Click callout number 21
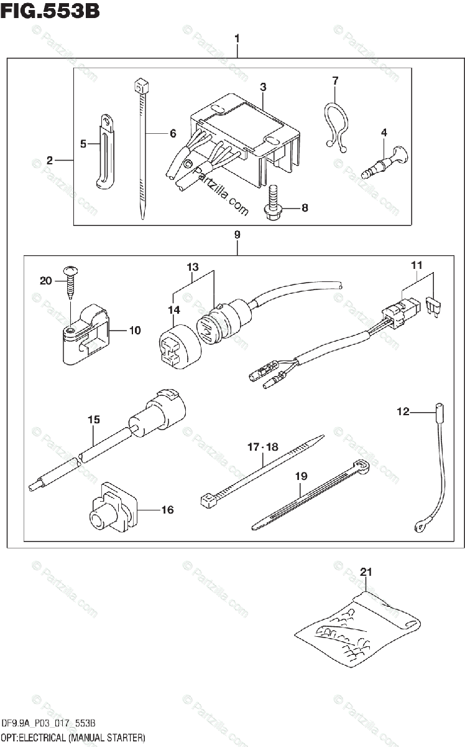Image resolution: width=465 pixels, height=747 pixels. [x=366, y=571]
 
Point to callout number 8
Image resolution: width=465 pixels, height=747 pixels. [x=305, y=208]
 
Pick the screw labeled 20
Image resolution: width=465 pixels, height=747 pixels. [x=70, y=280]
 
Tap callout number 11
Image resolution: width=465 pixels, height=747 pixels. [x=417, y=266]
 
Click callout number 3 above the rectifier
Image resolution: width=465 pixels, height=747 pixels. [x=263, y=87]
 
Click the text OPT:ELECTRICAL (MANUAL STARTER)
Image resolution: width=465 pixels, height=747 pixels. [x=73, y=738]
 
